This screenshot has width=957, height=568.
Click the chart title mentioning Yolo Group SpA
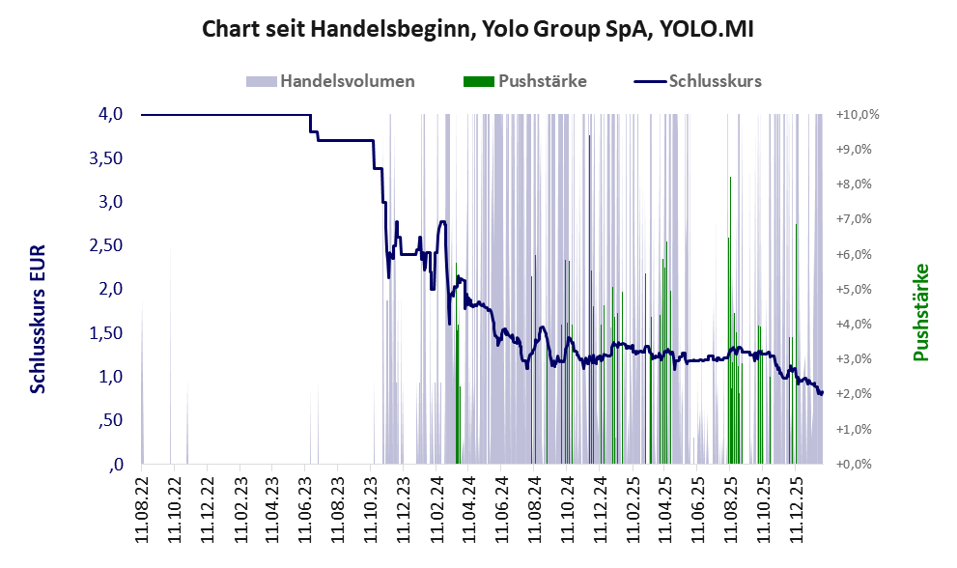tap(478, 29)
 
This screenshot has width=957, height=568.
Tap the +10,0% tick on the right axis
tap(858, 115)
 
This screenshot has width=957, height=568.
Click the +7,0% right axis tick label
tap(855, 219)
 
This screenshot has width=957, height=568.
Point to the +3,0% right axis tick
tap(855, 359)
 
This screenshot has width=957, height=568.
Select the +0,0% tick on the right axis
tap(855, 465)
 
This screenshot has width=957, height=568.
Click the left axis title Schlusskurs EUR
tap(39, 319)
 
